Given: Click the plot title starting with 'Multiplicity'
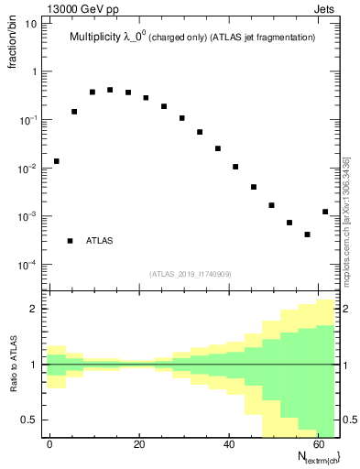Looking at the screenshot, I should click(x=192, y=38).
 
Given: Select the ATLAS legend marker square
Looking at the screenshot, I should click(x=70, y=241).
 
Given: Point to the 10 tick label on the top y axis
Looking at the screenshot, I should click(x=32, y=24).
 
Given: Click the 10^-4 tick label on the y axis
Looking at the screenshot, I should click(x=28, y=266).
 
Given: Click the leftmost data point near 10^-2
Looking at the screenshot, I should click(x=56, y=161).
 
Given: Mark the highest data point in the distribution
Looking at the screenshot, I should click(x=110, y=90).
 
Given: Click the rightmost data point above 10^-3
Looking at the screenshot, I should click(x=325, y=212).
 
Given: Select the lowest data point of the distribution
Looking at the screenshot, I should click(x=307, y=234).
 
